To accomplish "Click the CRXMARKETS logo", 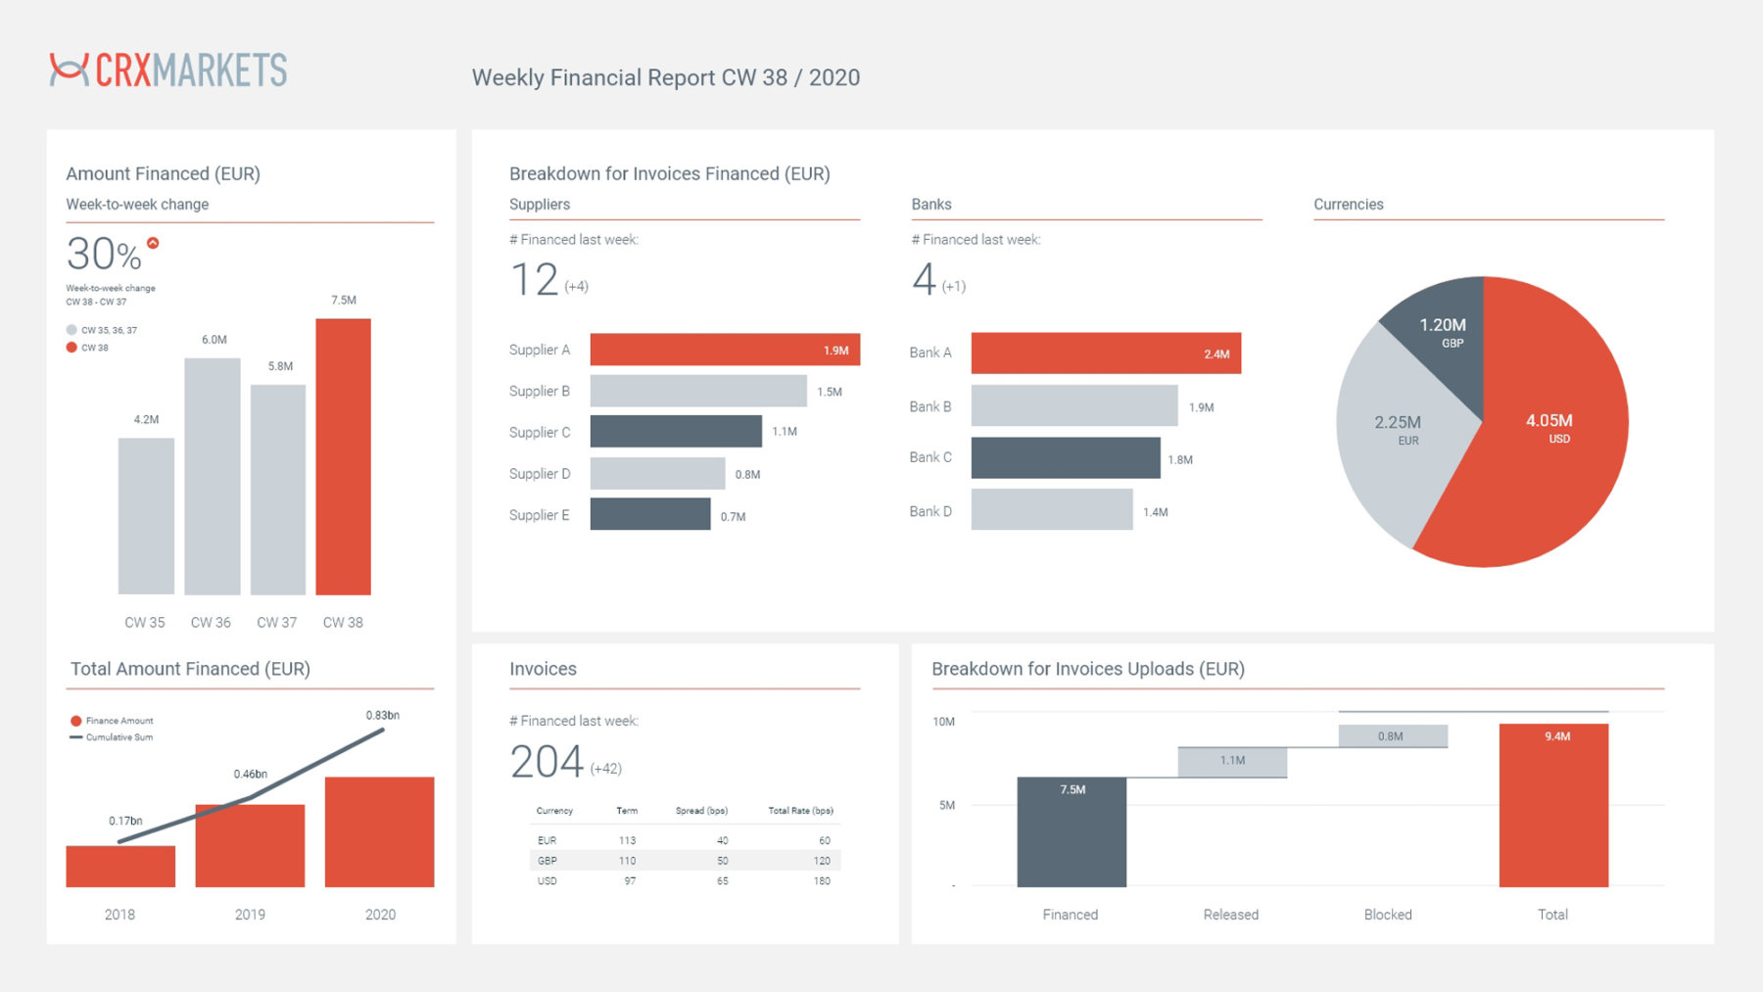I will [x=168, y=70].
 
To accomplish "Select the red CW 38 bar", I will [x=343, y=456].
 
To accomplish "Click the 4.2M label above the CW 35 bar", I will [x=146, y=419].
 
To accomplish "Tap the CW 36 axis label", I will [x=211, y=623].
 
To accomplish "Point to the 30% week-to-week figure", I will [x=104, y=255].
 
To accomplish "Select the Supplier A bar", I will [x=724, y=350].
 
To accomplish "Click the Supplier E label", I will [x=539, y=515].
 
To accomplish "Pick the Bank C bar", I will [x=1065, y=458].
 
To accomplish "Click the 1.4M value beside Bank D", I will [x=1156, y=512].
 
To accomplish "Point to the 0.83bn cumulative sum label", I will [x=382, y=715].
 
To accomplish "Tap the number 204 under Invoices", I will [x=547, y=762].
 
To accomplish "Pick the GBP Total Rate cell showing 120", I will [x=821, y=861].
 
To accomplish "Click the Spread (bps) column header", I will [x=701, y=811].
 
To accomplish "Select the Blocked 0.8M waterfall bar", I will [x=1392, y=736].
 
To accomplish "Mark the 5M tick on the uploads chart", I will [x=946, y=805].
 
